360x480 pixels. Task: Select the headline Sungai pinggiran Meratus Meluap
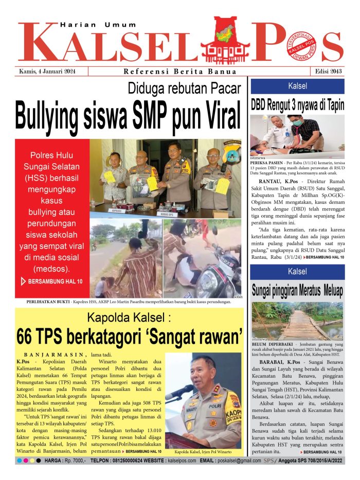tap(297, 290)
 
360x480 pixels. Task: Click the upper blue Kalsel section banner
tap(297, 85)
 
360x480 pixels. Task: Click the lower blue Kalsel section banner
tap(297, 271)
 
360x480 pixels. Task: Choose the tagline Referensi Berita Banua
tap(180, 72)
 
